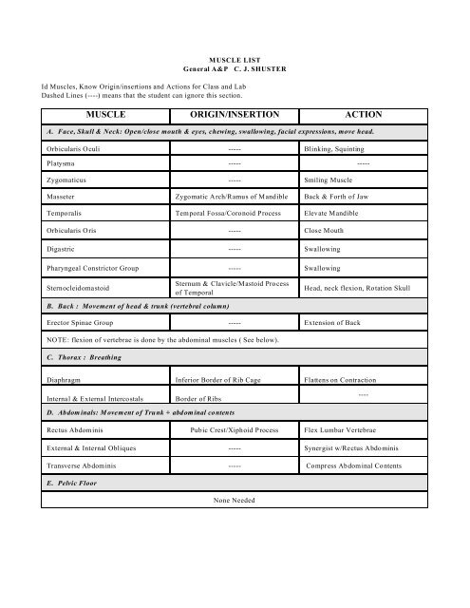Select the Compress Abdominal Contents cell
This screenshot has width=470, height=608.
(x=361, y=465)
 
